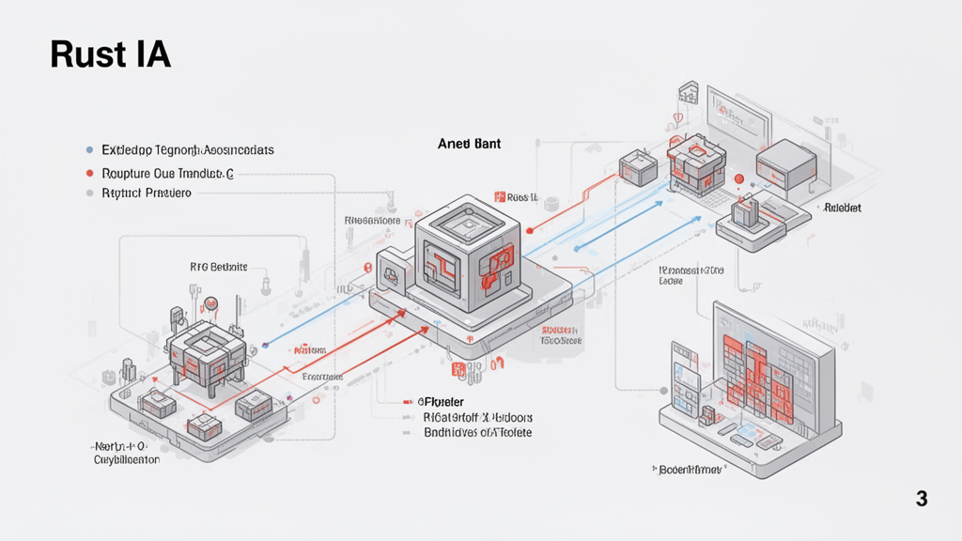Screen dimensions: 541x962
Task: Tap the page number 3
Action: (922, 499)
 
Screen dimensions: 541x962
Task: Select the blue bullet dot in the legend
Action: (89, 149)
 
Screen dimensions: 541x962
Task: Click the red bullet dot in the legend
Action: (89, 174)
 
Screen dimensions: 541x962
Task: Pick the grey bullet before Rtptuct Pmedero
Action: (89, 193)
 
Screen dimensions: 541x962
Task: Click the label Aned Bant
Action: (469, 145)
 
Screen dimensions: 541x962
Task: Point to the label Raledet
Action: (843, 208)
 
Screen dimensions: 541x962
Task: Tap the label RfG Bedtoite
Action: (218, 267)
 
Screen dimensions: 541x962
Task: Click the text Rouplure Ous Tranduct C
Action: (167, 174)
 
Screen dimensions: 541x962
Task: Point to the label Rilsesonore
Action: (372, 221)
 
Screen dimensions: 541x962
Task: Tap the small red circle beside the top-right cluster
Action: (738, 178)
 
